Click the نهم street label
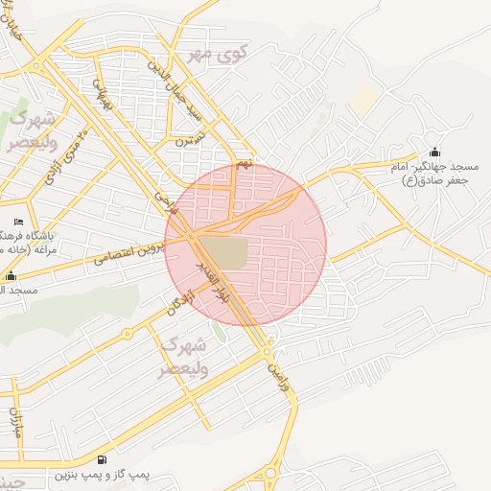pyautogui.click(x=245, y=164)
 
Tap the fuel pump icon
pyautogui.click(x=103, y=459)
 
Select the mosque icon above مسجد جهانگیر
pyautogui.click(x=435, y=152)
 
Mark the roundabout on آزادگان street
pyautogui.click(x=127, y=334)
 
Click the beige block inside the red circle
pyautogui.click(x=224, y=252)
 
